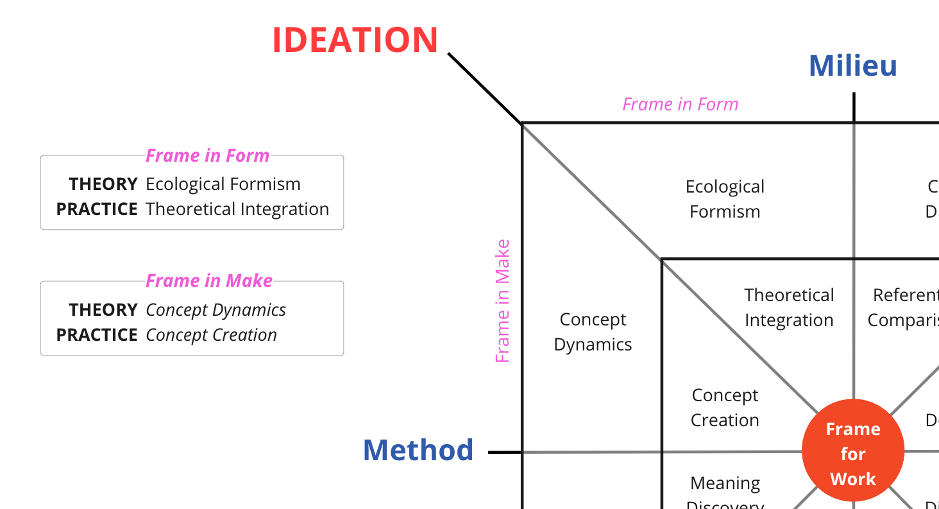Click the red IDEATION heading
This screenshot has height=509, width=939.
[x=355, y=40]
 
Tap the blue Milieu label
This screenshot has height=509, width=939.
[x=852, y=66]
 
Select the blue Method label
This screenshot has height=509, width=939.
[x=418, y=450]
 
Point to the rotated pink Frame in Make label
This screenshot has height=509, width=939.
[x=503, y=301]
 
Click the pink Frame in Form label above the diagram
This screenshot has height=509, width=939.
[x=680, y=104]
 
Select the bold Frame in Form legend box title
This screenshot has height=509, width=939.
[x=207, y=155]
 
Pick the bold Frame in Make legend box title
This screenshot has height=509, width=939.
[x=209, y=280]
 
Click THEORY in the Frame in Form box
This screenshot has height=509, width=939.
[x=103, y=184]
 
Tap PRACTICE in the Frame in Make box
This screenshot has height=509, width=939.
[x=97, y=335]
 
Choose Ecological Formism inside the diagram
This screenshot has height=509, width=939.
[x=725, y=199]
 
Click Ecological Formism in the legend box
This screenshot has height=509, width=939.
[x=223, y=184]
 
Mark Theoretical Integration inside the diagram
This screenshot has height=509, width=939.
[x=789, y=307]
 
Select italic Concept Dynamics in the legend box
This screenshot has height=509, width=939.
[x=216, y=310]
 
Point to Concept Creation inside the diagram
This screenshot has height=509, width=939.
[x=725, y=408]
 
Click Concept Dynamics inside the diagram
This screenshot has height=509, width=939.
[x=593, y=332]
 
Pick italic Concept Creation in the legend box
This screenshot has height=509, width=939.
[x=211, y=335]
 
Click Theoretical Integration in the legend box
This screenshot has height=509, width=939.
[x=237, y=209]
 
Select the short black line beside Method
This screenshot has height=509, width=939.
[x=505, y=453]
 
